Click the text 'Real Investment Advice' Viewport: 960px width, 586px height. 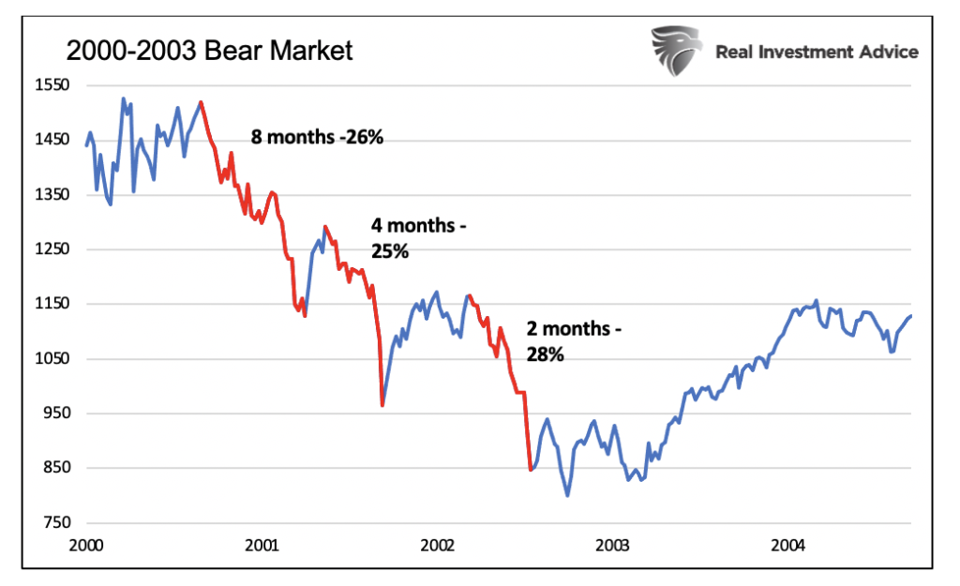click(817, 52)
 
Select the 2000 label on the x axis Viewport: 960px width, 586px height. click(86, 544)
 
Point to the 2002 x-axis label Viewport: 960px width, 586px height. click(438, 544)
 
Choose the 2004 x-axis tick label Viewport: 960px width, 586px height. click(788, 544)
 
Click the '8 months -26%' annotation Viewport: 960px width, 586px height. click(317, 137)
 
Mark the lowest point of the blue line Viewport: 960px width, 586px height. click(567, 495)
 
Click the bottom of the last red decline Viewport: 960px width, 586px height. click(531, 470)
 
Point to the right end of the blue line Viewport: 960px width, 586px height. click(911, 316)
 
